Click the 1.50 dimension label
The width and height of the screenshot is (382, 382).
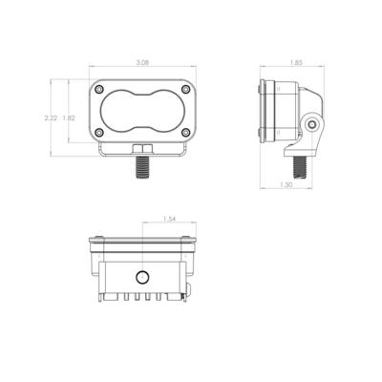tap(286, 184)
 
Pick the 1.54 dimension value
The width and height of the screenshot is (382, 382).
tap(169, 220)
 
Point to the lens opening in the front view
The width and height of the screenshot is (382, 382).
tap(141, 111)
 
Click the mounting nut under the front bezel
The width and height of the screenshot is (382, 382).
tap(142, 149)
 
